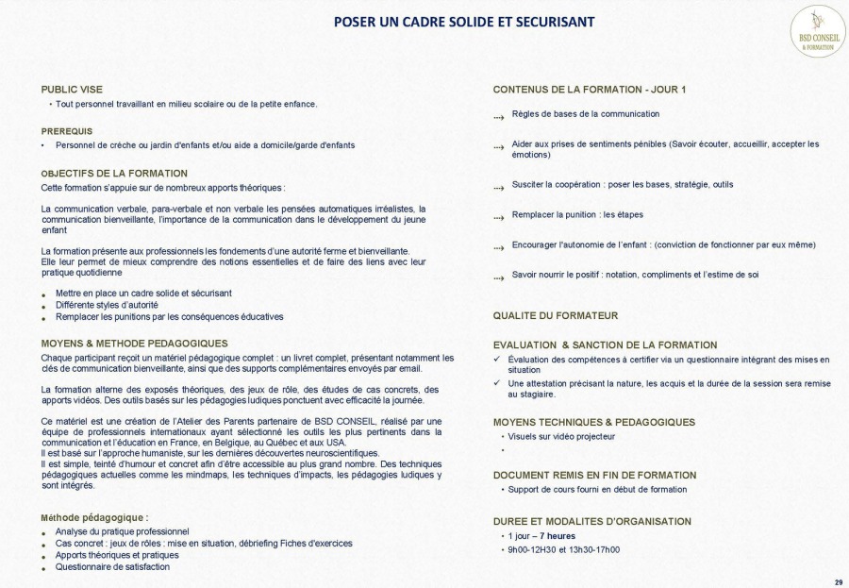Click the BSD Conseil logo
[817, 31]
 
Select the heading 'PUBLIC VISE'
[72, 90]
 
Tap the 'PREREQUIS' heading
[67, 131]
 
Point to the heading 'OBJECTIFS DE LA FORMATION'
[114, 174]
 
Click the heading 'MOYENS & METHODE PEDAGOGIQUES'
[134, 344]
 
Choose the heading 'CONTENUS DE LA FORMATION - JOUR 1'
[589, 90]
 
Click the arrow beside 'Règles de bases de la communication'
[498, 117]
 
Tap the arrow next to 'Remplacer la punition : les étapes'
[498, 218]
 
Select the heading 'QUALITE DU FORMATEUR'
[555, 315]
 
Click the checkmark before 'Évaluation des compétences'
[497, 360]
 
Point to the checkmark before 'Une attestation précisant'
[497, 383]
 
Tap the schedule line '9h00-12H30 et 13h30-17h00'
[564, 549]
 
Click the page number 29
[839, 580]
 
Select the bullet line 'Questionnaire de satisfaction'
[112, 567]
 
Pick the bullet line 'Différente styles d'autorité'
[107, 305]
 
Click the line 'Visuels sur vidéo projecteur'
[561, 437]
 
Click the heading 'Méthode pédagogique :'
[94, 518]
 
